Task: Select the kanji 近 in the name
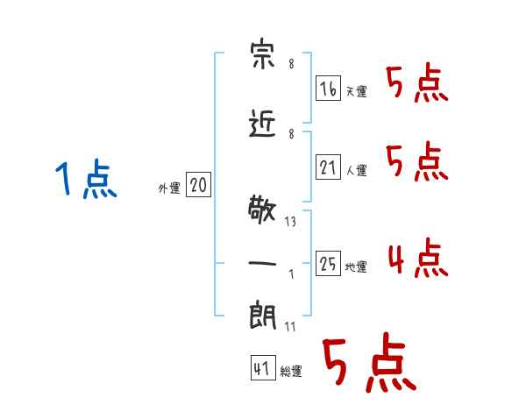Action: pos(262,124)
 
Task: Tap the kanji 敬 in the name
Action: pos(262,210)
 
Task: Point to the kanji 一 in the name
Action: pos(262,263)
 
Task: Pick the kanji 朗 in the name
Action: pos(263,316)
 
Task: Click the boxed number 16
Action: pos(328,88)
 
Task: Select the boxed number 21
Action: pos(328,167)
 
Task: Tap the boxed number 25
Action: pos(328,263)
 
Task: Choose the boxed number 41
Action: pos(263,367)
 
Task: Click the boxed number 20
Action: pos(198,184)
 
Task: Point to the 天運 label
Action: pos(356,91)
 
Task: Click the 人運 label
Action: pos(356,170)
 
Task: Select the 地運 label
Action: pos(356,266)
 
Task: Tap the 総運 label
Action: pos(291,371)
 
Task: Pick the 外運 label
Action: pos(169,188)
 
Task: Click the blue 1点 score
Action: pos(86,178)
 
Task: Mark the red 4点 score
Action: pos(418,258)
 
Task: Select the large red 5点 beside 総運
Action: pos(370,362)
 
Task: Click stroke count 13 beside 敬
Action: pos(290,222)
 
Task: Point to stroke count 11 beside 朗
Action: pos(290,327)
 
